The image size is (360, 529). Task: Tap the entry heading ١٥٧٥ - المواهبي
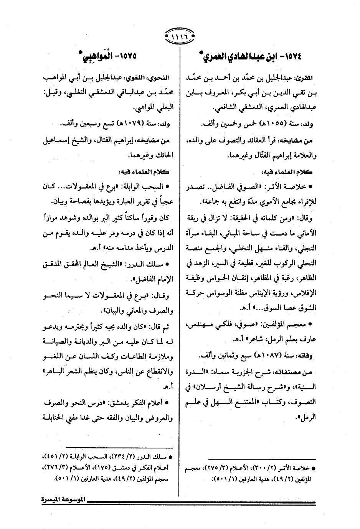[108, 57]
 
